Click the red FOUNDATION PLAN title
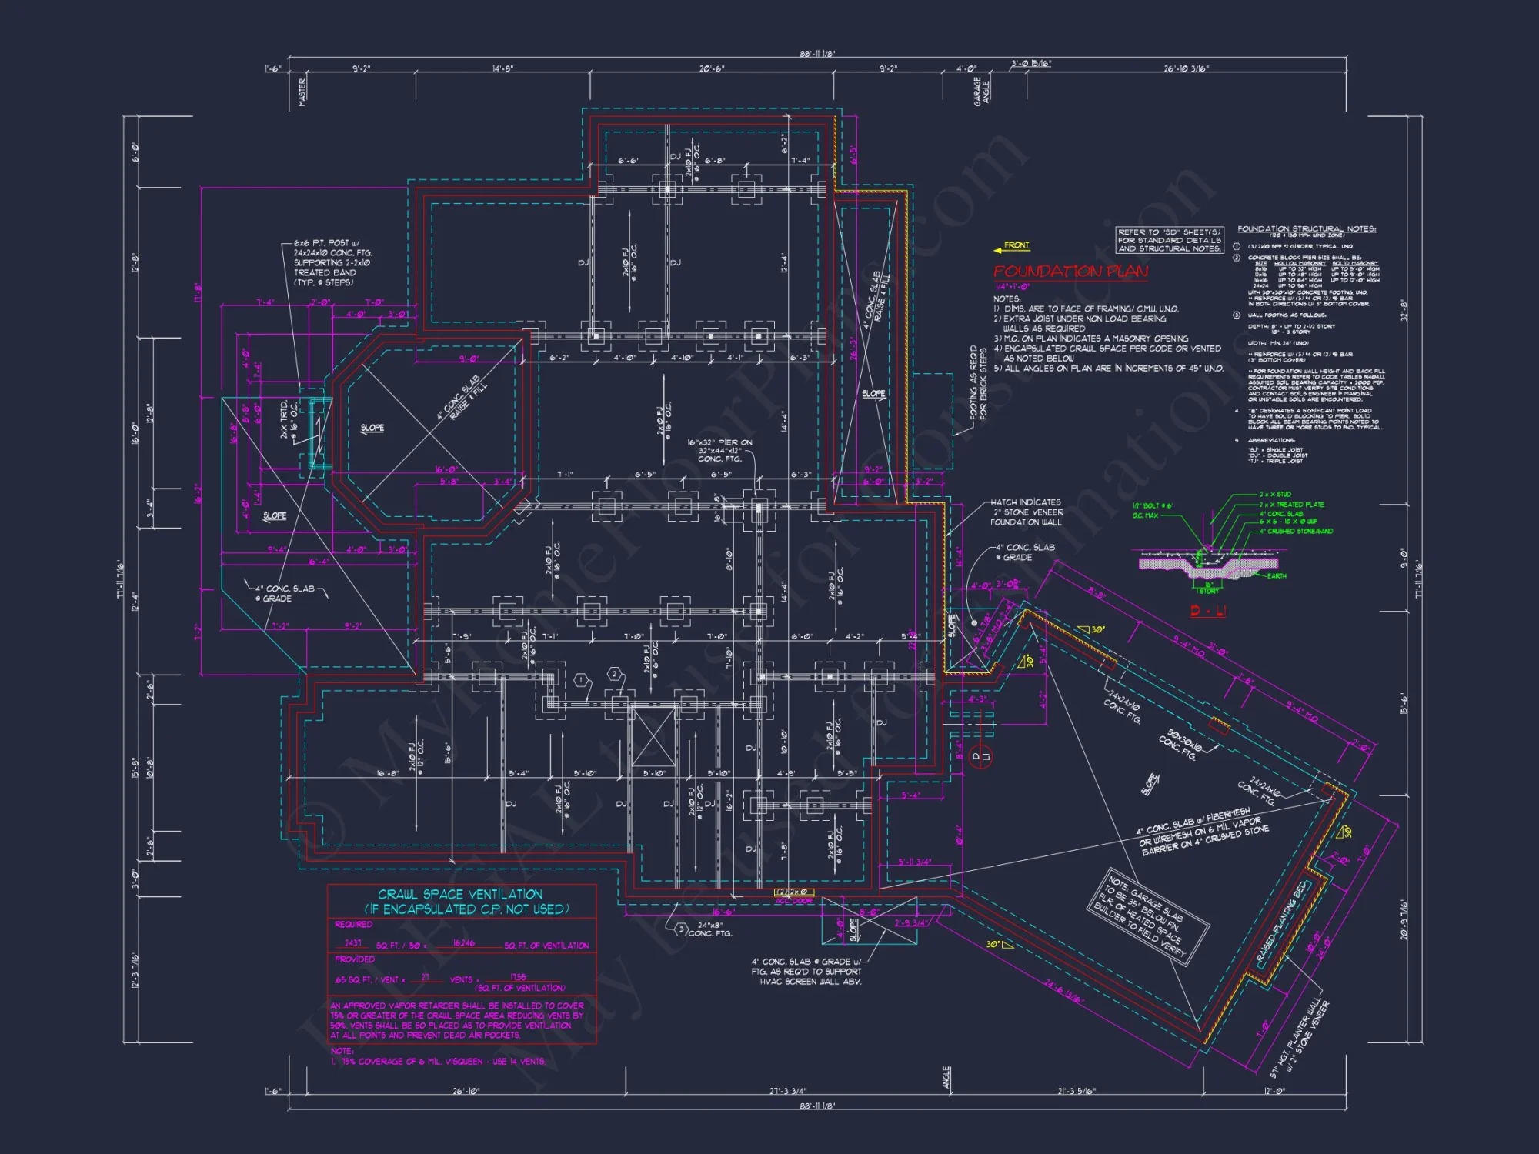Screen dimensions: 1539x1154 coord(1070,272)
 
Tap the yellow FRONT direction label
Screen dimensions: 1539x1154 coord(1016,245)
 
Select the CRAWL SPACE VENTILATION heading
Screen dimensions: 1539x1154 coord(460,895)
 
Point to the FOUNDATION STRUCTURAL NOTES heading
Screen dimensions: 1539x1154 coord(1306,229)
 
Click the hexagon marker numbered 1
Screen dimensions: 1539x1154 coord(582,681)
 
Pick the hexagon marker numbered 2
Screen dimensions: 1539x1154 coord(614,675)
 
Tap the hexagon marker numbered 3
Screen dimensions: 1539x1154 coord(681,929)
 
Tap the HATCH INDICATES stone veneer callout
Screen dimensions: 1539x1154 coord(1027,512)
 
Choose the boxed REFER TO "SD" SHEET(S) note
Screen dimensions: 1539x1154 coord(1169,240)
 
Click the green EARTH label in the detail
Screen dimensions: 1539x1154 coord(1277,575)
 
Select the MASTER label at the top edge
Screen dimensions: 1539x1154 coord(302,92)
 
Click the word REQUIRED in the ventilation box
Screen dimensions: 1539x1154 coord(353,925)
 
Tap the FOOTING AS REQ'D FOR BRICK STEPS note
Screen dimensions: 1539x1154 coord(978,382)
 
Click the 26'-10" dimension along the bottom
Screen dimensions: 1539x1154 coord(466,1091)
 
